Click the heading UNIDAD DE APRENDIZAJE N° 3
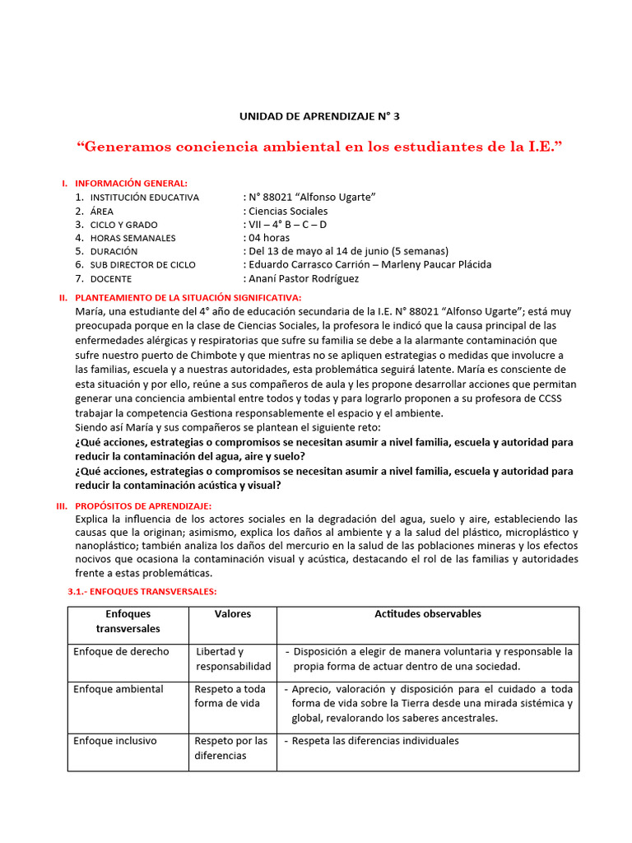coord(319,116)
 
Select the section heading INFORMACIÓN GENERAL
coord(131,183)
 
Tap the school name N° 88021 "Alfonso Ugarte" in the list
coord(309,198)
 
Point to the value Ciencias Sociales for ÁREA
coord(286,211)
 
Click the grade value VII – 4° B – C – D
coord(285,225)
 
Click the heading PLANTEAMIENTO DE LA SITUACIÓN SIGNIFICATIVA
coord(188,297)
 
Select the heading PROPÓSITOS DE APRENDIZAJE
coord(142,505)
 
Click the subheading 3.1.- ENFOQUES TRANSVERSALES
coord(141,592)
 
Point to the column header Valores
coord(233,614)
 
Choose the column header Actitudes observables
coord(428,614)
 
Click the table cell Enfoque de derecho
coord(121,651)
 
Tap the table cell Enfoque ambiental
coord(118,689)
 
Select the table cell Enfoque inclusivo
coord(115,741)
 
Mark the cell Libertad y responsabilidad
coord(233,659)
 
